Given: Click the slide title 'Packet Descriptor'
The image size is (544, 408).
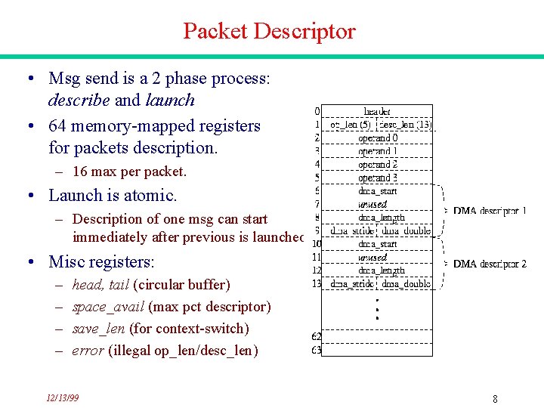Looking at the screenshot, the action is (269, 32).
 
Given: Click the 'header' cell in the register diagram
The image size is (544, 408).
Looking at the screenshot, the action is (377, 112).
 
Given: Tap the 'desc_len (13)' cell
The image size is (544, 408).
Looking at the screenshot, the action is (405, 125).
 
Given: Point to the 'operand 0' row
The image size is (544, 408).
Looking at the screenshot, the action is (378, 138).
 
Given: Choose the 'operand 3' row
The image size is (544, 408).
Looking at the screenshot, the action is (378, 178).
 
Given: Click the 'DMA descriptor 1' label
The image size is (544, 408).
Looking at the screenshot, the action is (490, 211).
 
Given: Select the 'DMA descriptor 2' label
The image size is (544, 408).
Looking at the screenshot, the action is (490, 264).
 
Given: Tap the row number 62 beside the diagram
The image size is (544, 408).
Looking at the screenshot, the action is (316, 336).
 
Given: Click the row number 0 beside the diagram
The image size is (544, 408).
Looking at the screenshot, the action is (317, 112).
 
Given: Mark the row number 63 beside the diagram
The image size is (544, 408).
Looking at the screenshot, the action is (316, 350).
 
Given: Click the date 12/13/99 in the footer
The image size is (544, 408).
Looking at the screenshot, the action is (62, 397).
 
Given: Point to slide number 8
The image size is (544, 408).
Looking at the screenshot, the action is (494, 398).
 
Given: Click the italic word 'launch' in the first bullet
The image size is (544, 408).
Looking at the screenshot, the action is (170, 100).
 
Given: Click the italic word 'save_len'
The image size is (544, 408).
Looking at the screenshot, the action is (99, 329).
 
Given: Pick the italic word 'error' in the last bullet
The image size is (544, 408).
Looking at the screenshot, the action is (88, 351).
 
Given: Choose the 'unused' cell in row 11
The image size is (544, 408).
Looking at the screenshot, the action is (372, 257).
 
